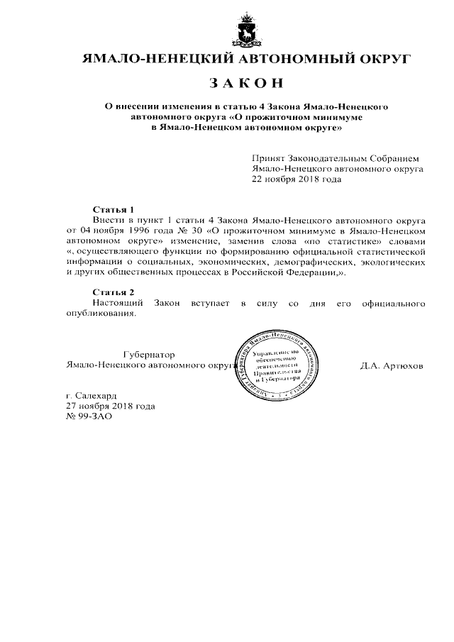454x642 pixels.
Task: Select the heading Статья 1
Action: coord(113,210)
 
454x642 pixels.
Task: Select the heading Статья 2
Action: coord(113,292)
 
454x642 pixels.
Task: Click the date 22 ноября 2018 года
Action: coord(297,179)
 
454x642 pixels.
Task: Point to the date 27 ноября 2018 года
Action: coord(110,406)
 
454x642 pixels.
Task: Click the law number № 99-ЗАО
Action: coord(89,416)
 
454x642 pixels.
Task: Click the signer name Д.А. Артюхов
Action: coord(392,366)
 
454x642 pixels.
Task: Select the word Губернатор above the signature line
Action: coord(148,355)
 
